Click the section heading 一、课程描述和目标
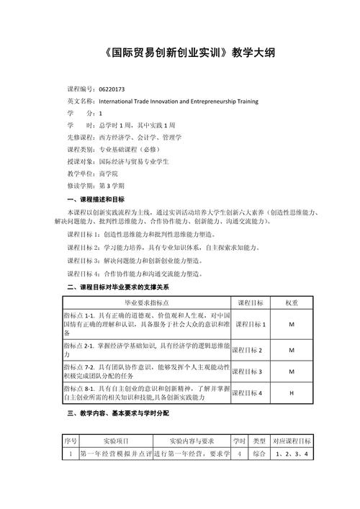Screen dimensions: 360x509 click(x=95, y=199)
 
